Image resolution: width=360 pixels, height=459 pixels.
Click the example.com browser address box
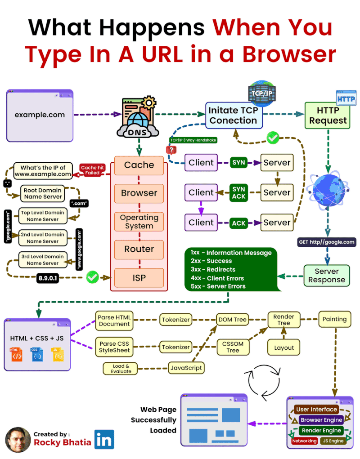tap(40, 115)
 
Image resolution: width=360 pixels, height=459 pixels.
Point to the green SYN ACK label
tap(238, 192)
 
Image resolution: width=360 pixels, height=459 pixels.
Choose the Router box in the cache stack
tap(139, 249)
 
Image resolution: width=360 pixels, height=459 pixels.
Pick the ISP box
tap(139, 277)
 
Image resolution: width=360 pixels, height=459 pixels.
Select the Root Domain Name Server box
tap(43, 193)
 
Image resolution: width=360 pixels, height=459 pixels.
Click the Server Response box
tap(327, 276)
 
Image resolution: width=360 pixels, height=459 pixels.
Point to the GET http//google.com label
tap(327, 242)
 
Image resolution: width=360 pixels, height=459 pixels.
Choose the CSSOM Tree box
tap(233, 347)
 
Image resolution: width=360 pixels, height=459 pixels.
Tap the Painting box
tap(334, 319)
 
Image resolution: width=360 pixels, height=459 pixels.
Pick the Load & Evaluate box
tap(121, 368)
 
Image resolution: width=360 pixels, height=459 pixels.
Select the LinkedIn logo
tap(104, 439)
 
